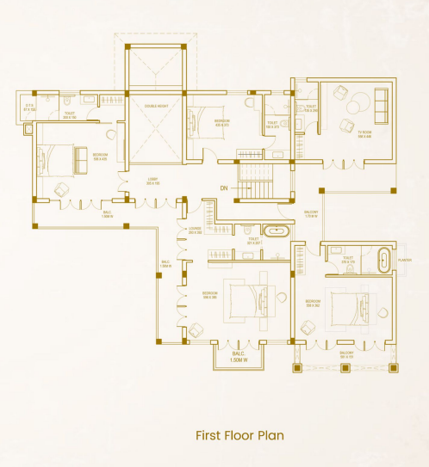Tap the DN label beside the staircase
click(223, 187)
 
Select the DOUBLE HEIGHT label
click(155, 108)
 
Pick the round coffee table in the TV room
click(353, 108)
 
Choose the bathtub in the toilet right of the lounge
click(276, 231)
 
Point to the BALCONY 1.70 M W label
click(311, 214)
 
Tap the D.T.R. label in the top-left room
click(28, 108)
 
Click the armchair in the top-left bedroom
click(61, 188)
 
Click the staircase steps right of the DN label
click(255, 182)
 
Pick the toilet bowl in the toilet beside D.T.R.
click(65, 101)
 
